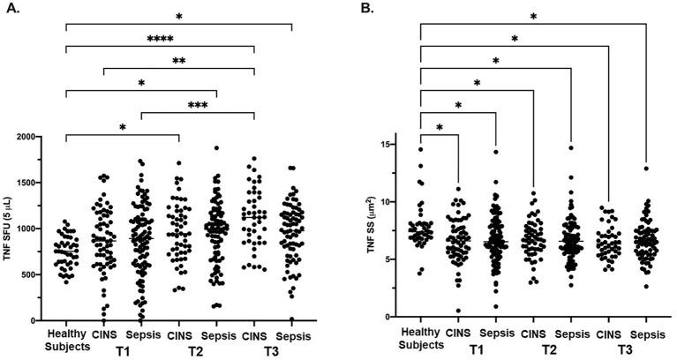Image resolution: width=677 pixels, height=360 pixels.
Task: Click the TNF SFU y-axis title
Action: pyautogui.click(x=11, y=229)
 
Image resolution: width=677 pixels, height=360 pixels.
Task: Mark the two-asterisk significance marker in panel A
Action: pyautogui.click(x=178, y=61)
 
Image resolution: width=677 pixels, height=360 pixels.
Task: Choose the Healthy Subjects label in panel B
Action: pyautogui.click(x=421, y=340)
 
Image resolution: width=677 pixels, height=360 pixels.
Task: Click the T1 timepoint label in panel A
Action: pyautogui.click(x=123, y=350)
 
